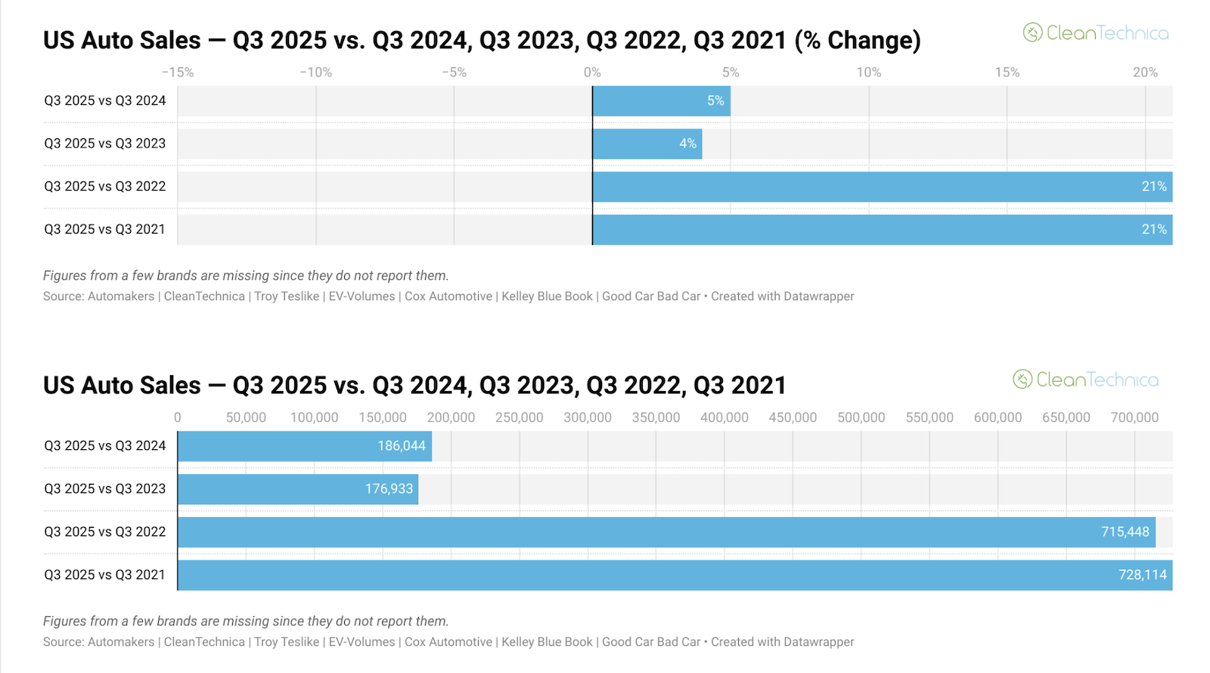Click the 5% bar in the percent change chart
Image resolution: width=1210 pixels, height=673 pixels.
click(x=661, y=101)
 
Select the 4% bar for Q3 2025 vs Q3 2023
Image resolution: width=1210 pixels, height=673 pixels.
click(x=647, y=144)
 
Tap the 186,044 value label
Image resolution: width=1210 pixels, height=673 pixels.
click(x=402, y=446)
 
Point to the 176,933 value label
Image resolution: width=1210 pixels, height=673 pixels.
click(x=389, y=489)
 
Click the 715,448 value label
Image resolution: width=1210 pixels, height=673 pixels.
click(x=1125, y=532)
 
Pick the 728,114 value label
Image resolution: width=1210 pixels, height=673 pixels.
click(x=1142, y=575)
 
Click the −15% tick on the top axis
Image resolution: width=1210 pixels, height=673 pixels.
click(x=178, y=73)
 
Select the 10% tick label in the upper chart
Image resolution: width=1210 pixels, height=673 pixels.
click(x=868, y=73)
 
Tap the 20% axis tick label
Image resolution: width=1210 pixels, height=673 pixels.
click(x=1145, y=73)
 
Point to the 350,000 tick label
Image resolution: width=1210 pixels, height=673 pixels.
click(x=656, y=417)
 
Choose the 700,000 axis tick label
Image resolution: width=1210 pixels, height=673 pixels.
click(x=1134, y=417)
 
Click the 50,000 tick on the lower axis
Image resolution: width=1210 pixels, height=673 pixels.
click(x=246, y=417)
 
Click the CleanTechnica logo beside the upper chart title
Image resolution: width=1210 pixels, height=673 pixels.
click(x=1096, y=33)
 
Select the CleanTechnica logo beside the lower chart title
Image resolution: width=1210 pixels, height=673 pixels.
click(x=1085, y=380)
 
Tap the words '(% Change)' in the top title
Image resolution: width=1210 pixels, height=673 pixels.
click(x=858, y=40)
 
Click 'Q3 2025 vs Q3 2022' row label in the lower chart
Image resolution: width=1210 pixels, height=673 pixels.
click(x=104, y=532)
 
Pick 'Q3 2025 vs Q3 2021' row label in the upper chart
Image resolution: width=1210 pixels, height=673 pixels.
click(x=104, y=230)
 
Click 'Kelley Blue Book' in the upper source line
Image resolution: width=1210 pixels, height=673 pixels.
click(x=547, y=296)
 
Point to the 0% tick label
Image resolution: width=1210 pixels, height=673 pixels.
click(x=592, y=73)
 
